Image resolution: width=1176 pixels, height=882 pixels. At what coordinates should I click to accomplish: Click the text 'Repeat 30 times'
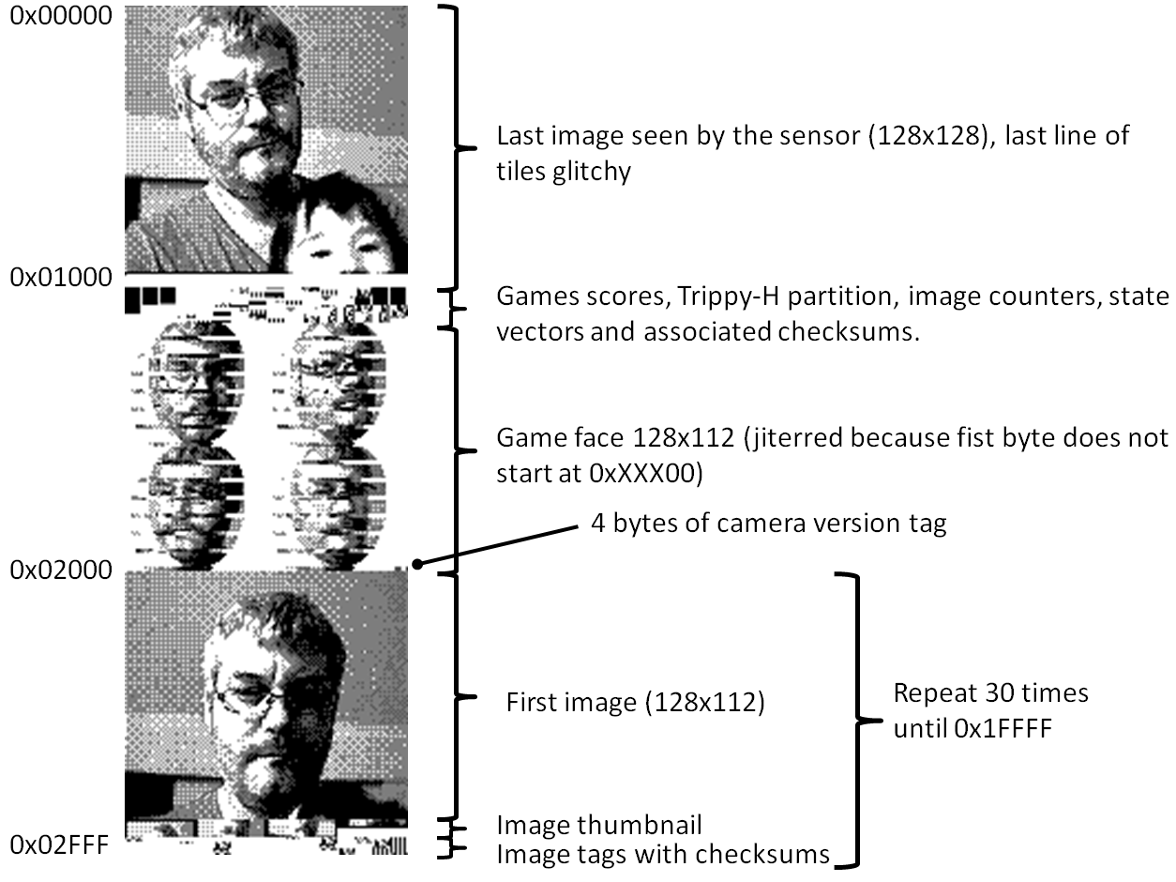click(x=990, y=693)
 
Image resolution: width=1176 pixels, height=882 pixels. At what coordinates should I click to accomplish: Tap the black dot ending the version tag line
click(x=417, y=564)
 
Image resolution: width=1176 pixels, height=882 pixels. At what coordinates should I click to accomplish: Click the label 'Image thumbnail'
click(x=599, y=826)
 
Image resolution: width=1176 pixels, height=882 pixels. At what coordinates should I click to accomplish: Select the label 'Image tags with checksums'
click(x=662, y=854)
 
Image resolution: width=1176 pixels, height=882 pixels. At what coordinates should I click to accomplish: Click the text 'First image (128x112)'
click(x=635, y=702)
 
